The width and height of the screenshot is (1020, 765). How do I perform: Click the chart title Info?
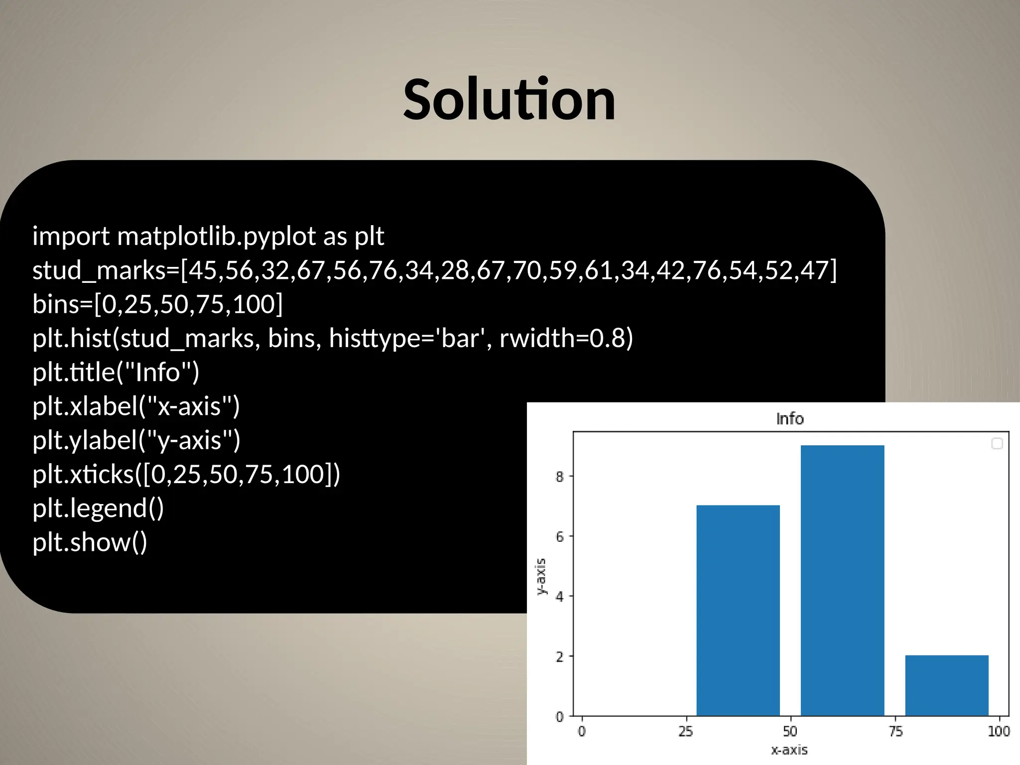790,419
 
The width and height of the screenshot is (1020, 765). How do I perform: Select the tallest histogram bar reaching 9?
842,580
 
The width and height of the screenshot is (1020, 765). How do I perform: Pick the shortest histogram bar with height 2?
947,686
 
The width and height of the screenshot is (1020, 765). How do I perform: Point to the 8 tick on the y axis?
559,477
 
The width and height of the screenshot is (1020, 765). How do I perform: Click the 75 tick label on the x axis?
895,731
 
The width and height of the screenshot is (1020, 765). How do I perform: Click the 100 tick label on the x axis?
999,731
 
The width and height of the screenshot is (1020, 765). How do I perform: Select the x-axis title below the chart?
789,750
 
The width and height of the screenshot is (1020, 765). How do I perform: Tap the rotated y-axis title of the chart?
541,576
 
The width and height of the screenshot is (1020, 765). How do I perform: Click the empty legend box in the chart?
997,443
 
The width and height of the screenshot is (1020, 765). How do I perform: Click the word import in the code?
71,236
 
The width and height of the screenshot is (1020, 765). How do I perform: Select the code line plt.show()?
90,542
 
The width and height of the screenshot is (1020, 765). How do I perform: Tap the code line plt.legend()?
98,508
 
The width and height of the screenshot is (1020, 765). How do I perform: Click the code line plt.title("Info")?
116,372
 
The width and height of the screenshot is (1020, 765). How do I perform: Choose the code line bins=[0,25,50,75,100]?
157,304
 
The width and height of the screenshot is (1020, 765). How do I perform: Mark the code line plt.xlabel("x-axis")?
136,406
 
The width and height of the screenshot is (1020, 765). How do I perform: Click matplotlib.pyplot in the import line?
216,236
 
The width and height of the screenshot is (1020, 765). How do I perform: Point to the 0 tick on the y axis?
559,717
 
